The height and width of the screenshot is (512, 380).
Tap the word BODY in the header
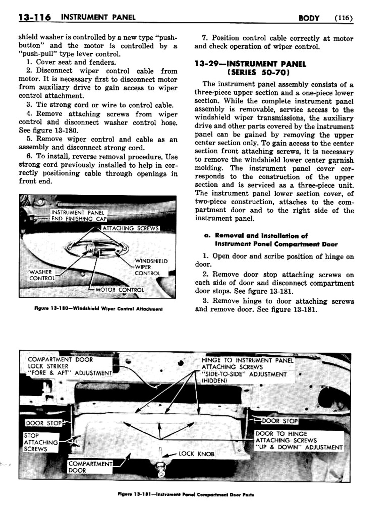[x=309, y=17]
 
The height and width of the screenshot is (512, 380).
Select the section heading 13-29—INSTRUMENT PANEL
[x=250, y=64]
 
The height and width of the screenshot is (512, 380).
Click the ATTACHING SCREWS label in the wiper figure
[x=130, y=228]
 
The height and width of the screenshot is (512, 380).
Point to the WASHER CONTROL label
[x=42, y=275]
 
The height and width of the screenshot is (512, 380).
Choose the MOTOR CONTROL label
[x=119, y=290]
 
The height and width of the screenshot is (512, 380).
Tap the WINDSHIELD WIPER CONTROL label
[x=151, y=267]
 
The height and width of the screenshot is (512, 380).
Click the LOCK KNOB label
[x=196, y=454]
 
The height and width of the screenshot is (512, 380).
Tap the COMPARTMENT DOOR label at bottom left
[x=90, y=467]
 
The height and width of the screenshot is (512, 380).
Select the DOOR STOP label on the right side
[x=280, y=421]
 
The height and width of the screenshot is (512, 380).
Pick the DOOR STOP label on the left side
[x=44, y=423]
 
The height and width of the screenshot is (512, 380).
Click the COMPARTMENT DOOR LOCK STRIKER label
[x=70, y=366]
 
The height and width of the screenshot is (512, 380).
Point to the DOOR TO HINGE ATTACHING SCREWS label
[x=299, y=441]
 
